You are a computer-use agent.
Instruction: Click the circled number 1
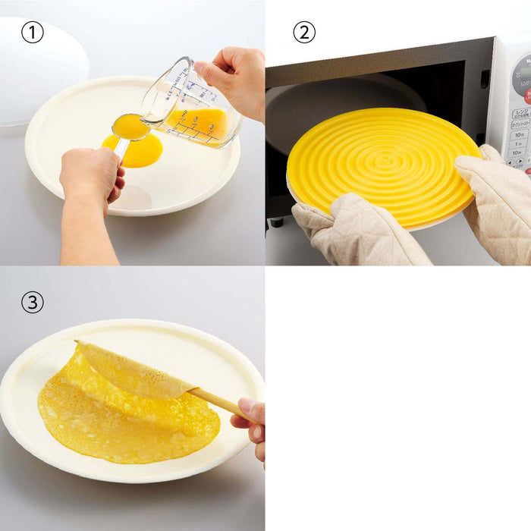(32, 33)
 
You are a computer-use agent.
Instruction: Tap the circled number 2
(304, 33)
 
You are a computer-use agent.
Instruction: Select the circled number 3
(32, 302)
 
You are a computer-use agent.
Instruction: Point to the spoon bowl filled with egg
(130, 127)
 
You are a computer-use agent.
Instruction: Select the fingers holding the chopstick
(252, 421)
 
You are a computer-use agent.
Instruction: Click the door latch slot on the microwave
(485, 79)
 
